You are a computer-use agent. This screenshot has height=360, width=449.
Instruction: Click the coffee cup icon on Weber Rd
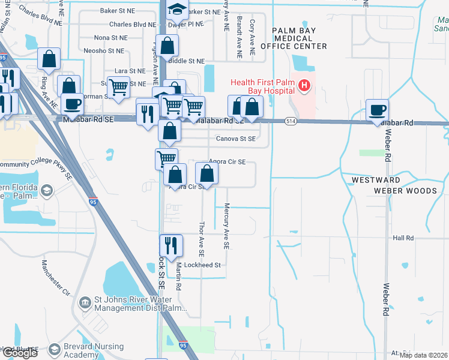378,110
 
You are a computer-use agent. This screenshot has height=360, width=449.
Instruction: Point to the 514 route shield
291,121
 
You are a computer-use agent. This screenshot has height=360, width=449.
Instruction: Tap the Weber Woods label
405,191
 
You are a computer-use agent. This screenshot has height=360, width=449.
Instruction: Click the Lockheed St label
202,265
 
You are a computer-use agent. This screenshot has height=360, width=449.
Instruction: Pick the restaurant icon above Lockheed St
170,245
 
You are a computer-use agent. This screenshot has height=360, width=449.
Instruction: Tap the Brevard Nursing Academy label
95,350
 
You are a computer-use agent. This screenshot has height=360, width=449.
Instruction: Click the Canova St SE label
237,139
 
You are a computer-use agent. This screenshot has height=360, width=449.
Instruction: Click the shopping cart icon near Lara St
119,86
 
